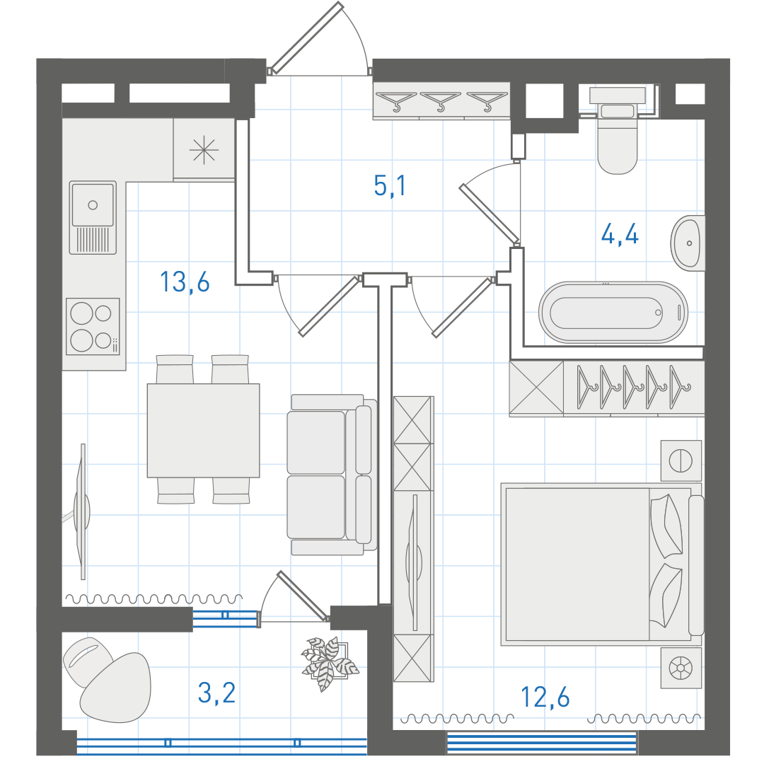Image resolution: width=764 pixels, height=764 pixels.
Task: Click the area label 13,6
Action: (185, 282)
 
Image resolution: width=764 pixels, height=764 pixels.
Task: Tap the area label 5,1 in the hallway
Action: (390, 185)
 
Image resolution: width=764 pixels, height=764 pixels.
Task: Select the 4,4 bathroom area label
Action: (620, 235)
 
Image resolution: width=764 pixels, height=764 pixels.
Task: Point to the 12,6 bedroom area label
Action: (545, 698)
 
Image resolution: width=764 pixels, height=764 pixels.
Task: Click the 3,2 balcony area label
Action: (217, 693)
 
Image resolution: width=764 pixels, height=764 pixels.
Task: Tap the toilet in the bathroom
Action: (618, 130)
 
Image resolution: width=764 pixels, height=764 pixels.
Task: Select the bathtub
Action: (613, 313)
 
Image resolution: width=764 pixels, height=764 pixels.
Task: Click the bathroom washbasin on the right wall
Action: (688, 243)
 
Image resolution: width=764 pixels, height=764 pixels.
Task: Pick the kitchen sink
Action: (93, 217)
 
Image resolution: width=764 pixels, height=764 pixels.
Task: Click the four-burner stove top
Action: (93, 326)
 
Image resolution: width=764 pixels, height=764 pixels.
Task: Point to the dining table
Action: (203, 430)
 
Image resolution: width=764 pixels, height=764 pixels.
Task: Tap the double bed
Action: (602, 564)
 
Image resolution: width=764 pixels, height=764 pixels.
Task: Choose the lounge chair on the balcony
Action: (108, 679)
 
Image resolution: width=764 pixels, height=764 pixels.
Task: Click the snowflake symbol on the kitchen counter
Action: (204, 149)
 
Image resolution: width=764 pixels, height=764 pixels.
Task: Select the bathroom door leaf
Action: (490, 214)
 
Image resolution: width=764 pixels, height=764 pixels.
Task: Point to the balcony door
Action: (303, 596)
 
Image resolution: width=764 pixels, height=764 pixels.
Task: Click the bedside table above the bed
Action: (681, 461)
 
